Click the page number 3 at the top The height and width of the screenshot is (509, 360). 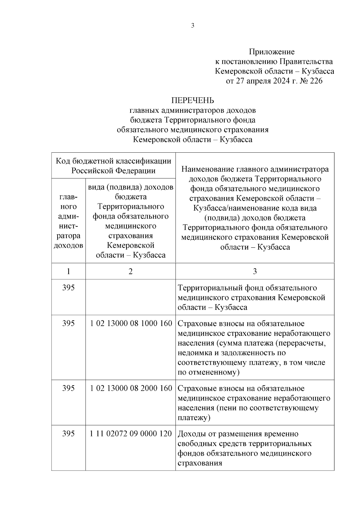click(x=193, y=26)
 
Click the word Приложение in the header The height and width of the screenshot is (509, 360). click(x=271, y=52)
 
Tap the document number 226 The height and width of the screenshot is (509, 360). click(x=316, y=81)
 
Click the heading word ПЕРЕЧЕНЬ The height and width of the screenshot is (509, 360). click(x=193, y=100)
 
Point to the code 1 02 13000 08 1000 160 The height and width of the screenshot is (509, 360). click(x=131, y=323)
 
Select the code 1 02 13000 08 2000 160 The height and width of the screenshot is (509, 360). click(x=131, y=388)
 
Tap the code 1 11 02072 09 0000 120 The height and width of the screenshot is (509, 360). click(x=131, y=433)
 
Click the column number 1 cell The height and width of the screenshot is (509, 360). click(x=68, y=271)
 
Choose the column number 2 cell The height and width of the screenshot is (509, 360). click(x=130, y=271)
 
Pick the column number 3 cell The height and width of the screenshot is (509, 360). click(x=255, y=271)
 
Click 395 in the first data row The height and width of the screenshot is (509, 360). click(x=68, y=288)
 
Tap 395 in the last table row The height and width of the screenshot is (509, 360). click(x=68, y=433)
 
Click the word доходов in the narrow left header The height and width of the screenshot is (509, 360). click(x=68, y=245)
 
